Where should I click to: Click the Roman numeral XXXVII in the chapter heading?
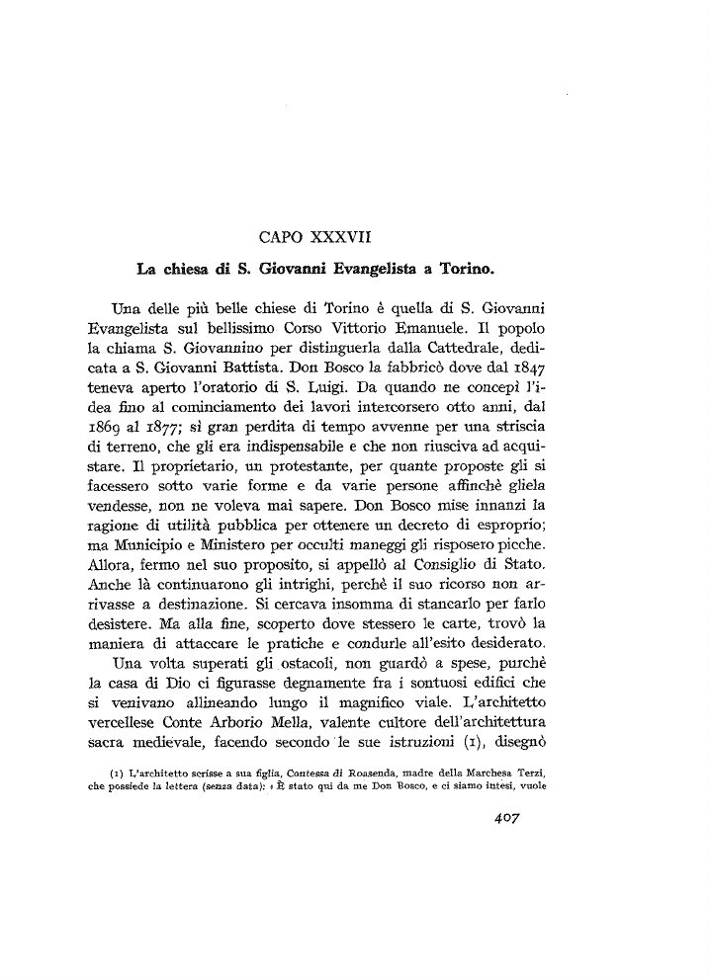(x=336, y=236)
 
